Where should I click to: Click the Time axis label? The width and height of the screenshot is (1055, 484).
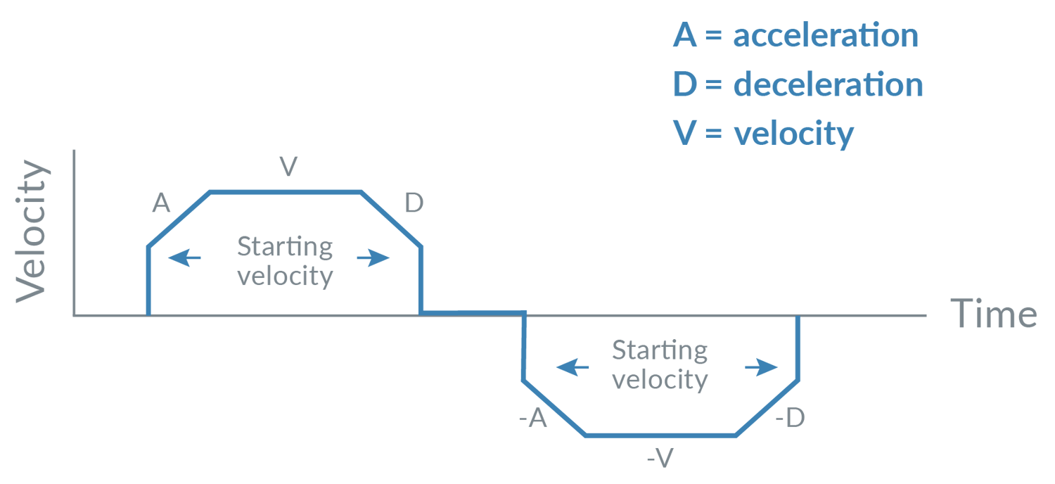tap(993, 314)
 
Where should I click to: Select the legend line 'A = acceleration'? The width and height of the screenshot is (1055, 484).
tap(795, 36)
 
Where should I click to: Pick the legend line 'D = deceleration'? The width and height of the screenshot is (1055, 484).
tap(797, 85)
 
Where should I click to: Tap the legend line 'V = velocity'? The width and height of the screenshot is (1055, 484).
tap(763, 133)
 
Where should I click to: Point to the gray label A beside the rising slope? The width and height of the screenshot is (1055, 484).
tap(161, 204)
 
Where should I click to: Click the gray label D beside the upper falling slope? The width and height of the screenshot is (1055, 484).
tap(414, 204)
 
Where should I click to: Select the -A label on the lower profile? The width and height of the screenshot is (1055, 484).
tap(532, 419)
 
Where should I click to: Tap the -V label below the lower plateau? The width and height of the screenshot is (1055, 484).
tap(660, 459)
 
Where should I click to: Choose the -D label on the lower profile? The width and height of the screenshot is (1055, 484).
tap(789, 419)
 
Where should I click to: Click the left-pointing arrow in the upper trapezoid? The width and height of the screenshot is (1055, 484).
tap(184, 258)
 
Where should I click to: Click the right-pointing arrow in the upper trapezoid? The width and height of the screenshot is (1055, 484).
tap(373, 258)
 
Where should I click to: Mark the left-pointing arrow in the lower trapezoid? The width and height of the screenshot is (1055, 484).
tap(573, 367)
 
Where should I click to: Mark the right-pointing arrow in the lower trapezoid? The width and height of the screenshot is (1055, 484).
tap(762, 367)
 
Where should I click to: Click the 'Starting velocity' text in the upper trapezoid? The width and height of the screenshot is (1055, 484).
tap(285, 261)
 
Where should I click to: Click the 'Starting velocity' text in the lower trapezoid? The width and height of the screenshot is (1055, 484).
tap(660, 364)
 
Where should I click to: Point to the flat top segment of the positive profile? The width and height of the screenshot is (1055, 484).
tap(285, 191)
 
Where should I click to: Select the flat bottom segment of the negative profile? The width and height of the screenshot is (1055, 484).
tap(660, 435)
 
